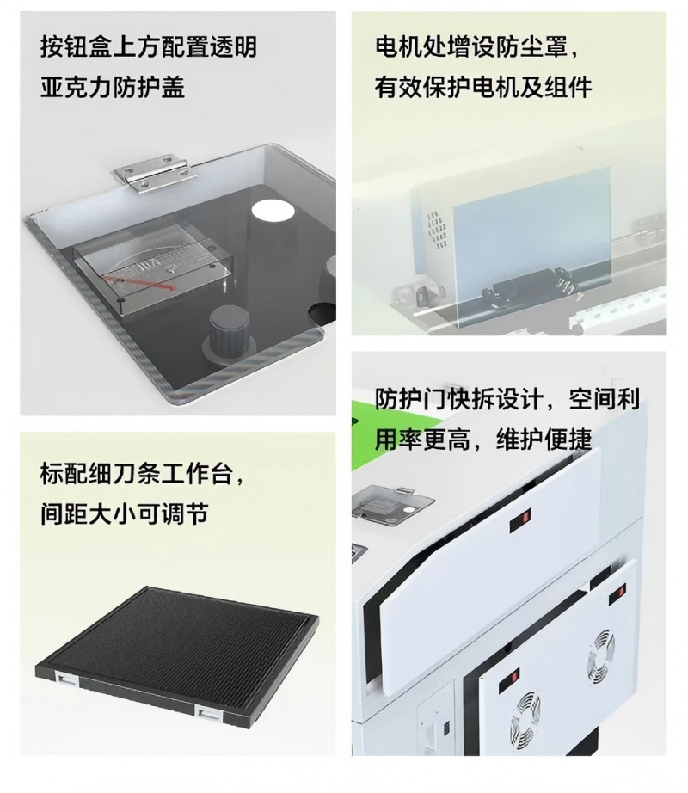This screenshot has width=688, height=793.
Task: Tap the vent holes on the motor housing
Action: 438,230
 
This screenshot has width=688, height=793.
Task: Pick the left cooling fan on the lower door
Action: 526,714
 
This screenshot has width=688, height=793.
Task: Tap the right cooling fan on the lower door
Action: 600,656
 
